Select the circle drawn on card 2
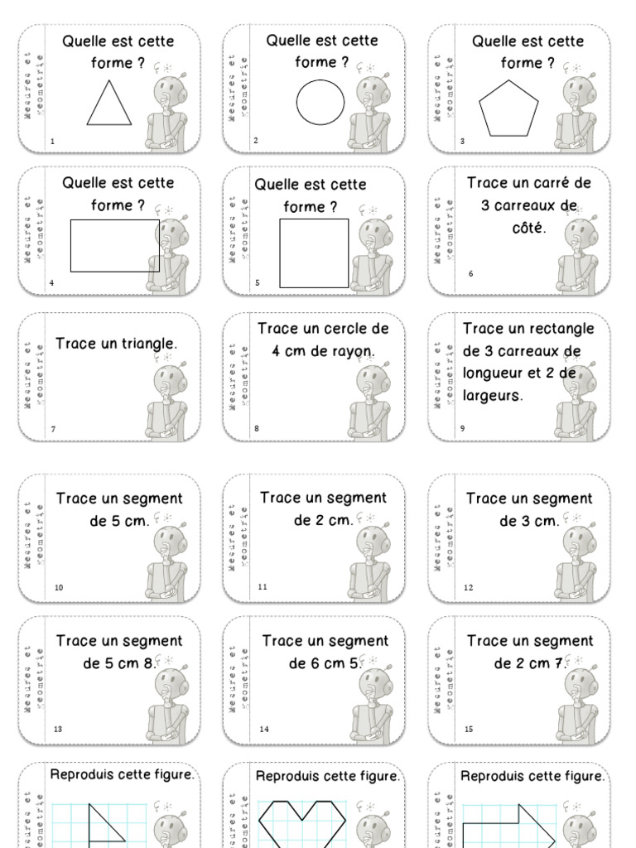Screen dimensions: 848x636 tap(320, 102)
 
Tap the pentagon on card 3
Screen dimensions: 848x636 tap(508, 108)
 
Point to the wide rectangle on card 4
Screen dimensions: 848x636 tap(114, 245)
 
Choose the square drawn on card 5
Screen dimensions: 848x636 tap(314, 253)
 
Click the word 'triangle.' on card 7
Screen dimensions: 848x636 tap(145, 343)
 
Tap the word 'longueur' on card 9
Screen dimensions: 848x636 tap(494, 373)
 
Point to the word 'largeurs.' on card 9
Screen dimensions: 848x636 tap(494, 396)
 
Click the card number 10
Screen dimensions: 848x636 tap(59, 588)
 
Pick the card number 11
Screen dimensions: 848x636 tap(263, 587)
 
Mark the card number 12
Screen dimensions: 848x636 tap(468, 588)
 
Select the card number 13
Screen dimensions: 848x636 tap(58, 730)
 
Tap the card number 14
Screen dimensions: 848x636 tap(263, 730)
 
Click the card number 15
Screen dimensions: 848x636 tap(468, 730)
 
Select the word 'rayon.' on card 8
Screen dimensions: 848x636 tap(353, 351)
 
